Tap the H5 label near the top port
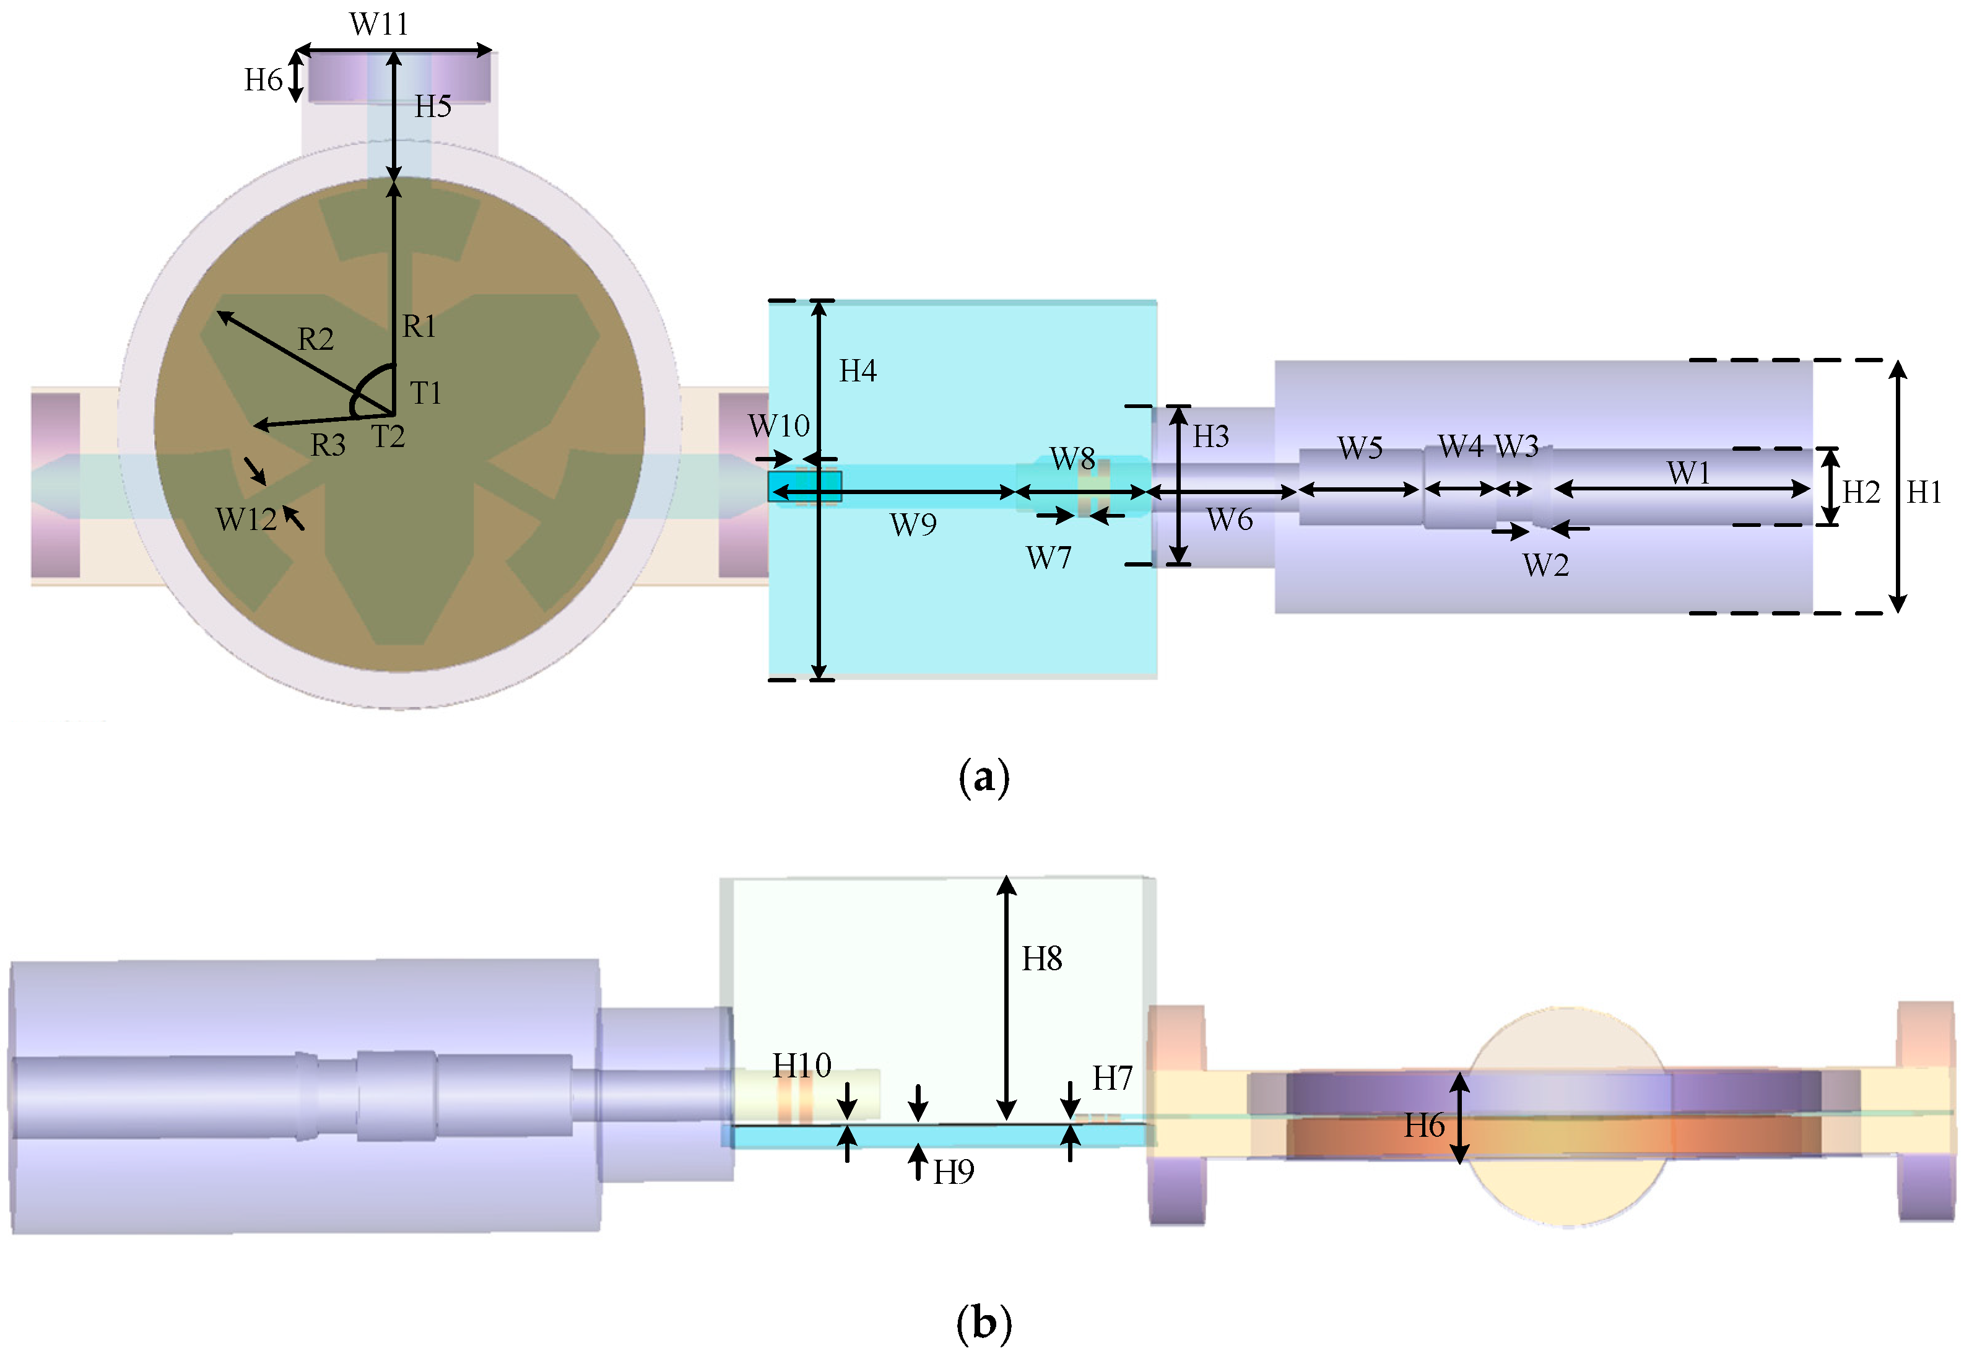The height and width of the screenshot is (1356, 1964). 432,107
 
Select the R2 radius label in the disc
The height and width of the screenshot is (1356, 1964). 315,340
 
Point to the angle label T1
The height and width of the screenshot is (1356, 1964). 425,393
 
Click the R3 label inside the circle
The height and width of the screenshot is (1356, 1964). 328,445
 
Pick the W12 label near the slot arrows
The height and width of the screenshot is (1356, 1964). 245,519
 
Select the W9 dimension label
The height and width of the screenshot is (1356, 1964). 913,525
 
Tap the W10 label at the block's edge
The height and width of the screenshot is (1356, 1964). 778,425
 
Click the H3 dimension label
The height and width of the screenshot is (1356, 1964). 1210,437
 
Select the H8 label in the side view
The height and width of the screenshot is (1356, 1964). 1041,959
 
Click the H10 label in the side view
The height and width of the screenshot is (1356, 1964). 801,1066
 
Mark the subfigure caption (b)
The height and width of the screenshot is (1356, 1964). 984,1323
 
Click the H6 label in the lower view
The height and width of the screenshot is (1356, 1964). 1423,1126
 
